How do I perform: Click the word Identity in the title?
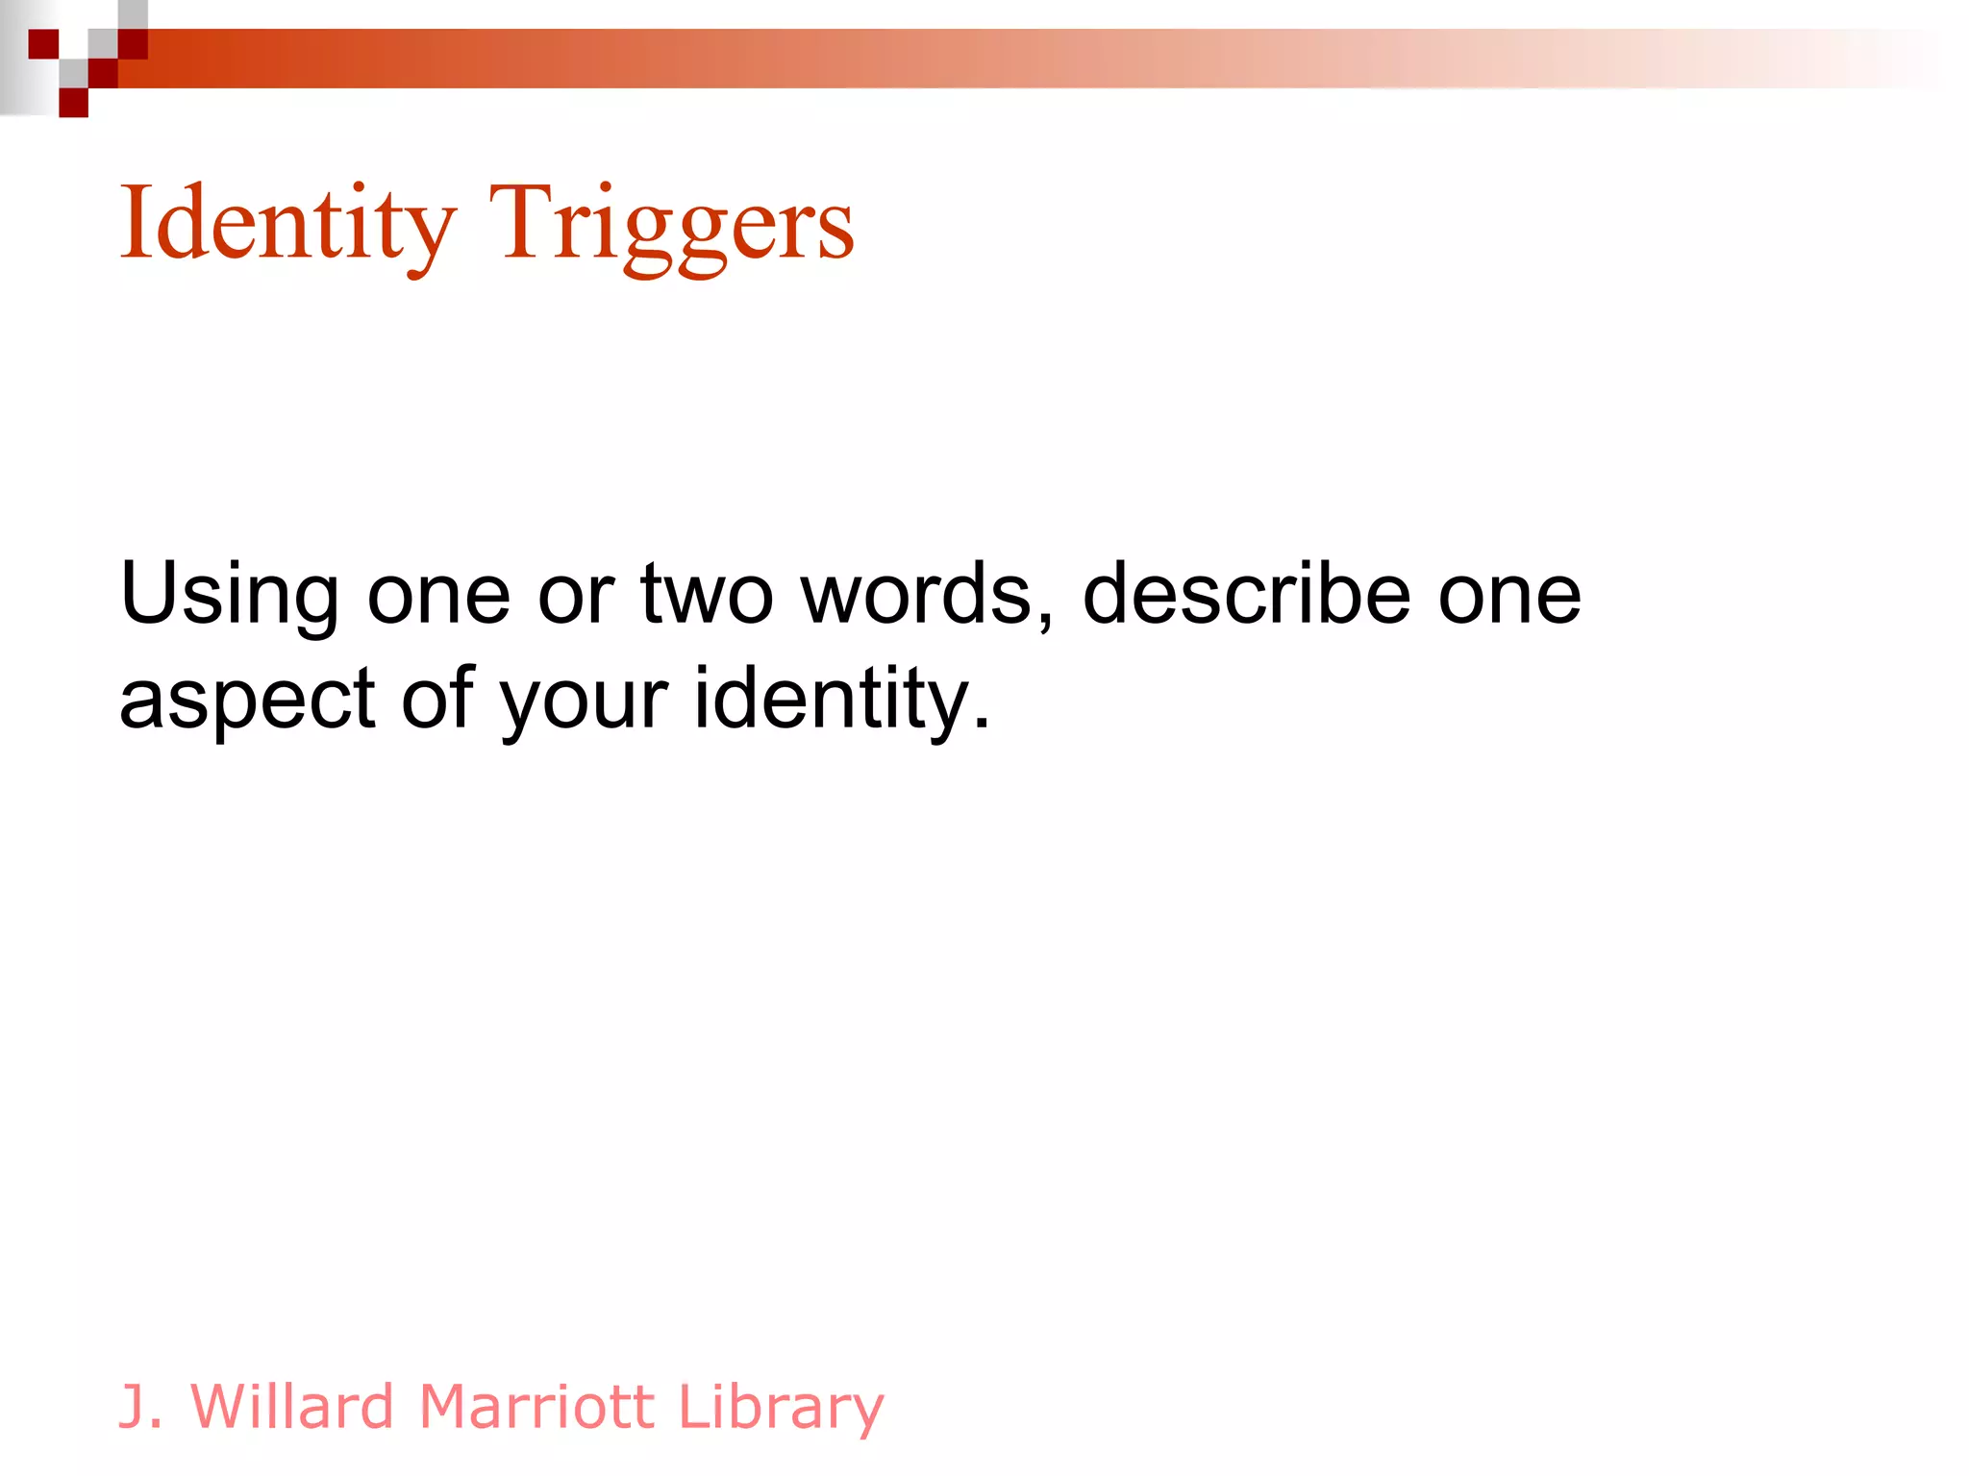[x=287, y=223]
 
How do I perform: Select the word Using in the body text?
[x=229, y=596]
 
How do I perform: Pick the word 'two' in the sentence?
[x=707, y=596]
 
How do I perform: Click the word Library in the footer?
[x=780, y=1409]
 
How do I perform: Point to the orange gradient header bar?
[x=961, y=59]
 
